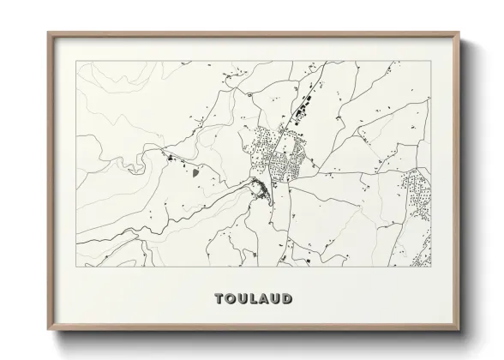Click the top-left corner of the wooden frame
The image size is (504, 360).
[48, 33]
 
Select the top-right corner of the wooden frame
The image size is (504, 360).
[460, 33]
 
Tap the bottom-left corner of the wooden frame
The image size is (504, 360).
[48, 331]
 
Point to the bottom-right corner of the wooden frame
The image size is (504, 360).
[460, 331]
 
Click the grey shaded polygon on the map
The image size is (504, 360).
[198, 171]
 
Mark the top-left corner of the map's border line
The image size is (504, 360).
[77, 62]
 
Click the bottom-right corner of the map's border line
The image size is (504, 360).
[431, 267]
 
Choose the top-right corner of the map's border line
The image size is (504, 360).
[431, 62]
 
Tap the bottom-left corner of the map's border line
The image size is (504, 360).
[77, 267]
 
